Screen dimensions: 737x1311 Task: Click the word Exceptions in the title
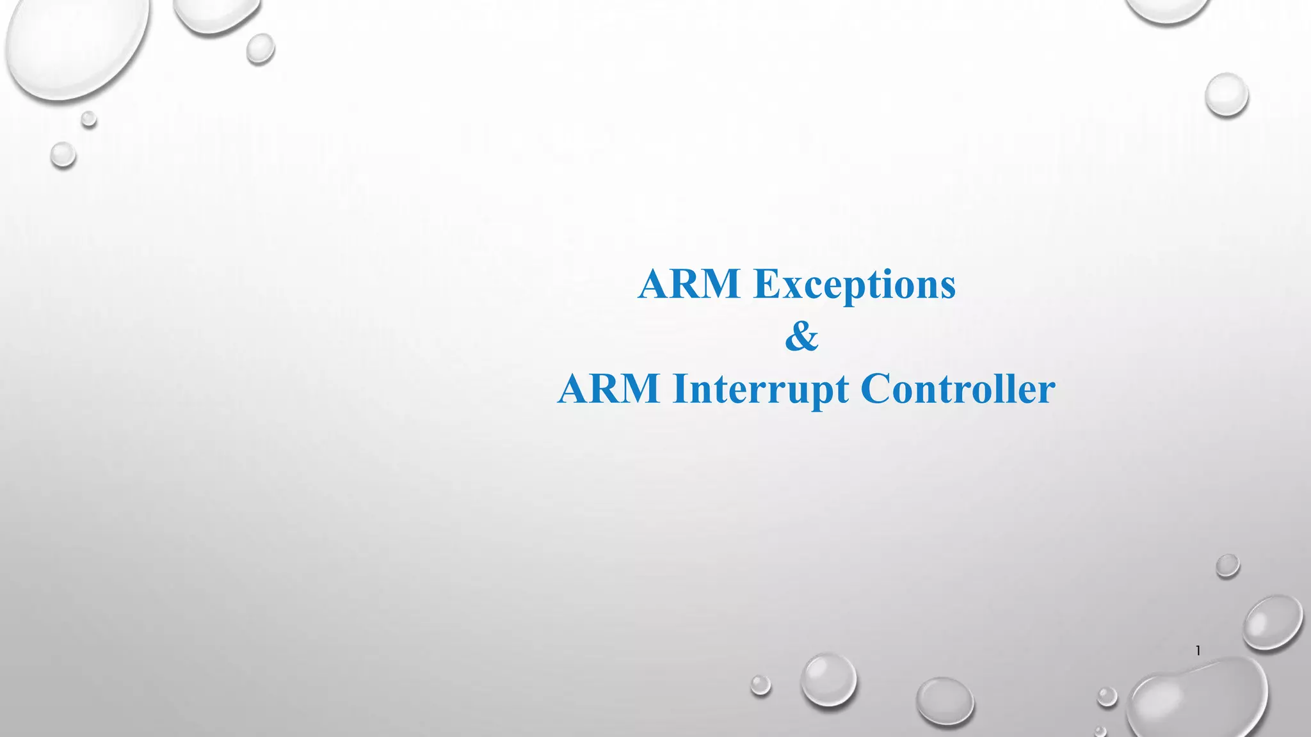[855, 284]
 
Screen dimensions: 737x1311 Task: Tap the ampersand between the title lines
[801, 337]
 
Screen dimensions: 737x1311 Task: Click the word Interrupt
[760, 389]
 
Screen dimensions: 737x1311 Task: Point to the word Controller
[958, 389]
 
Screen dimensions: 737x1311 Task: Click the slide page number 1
[1198, 651]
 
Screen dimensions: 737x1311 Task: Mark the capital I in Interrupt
[679, 389]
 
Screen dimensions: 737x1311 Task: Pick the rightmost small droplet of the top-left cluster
[261, 48]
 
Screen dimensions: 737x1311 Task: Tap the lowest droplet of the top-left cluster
[63, 155]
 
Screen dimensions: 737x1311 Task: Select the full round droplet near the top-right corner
[1227, 95]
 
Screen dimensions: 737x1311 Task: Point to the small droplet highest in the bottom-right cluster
[1227, 566]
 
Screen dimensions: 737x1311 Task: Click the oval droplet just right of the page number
[1273, 622]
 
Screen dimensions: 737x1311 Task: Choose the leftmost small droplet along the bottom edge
[760, 685]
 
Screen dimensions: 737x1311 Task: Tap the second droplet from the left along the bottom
[828, 679]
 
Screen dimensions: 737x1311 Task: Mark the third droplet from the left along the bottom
[945, 701]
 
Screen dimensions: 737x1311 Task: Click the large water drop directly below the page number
[1197, 701]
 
